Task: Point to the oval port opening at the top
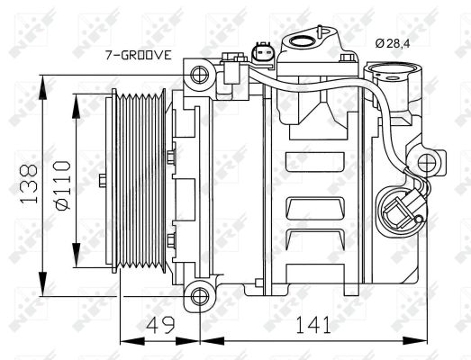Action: point(307,39)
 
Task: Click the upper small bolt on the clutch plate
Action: point(169,158)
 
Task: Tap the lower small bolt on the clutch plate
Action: point(169,239)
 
